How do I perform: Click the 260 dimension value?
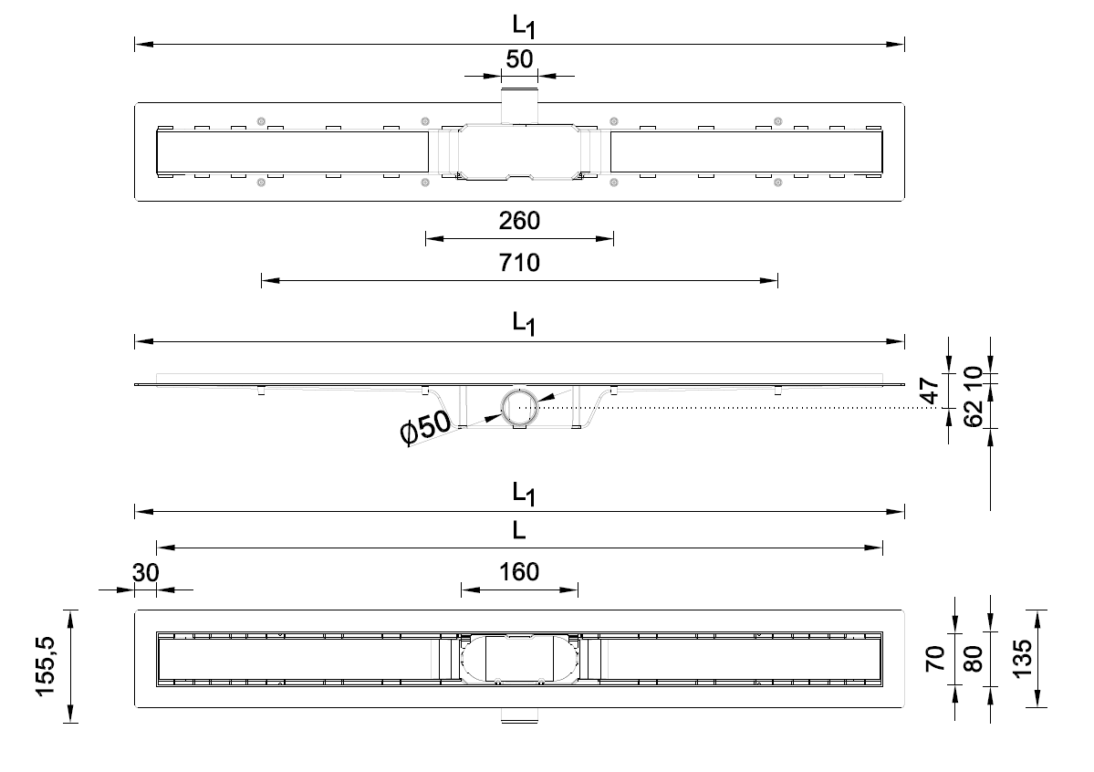point(519,221)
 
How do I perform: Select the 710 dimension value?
point(519,265)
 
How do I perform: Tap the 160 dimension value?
point(519,572)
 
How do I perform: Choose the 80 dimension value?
point(974,658)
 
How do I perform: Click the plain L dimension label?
point(519,530)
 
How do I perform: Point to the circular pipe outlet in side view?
point(519,405)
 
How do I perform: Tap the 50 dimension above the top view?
point(519,60)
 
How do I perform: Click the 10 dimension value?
point(974,375)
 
